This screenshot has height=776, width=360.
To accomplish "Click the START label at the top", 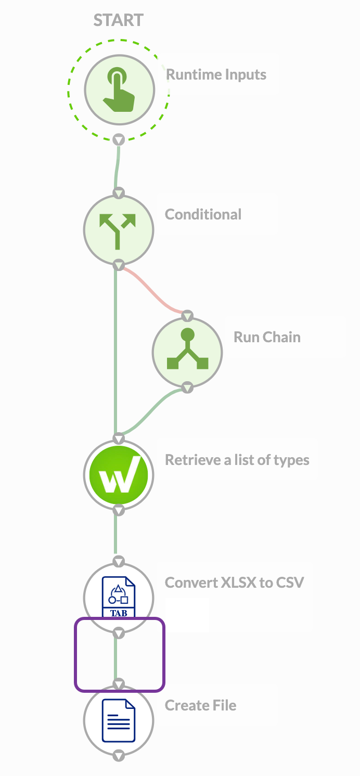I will coord(119,20).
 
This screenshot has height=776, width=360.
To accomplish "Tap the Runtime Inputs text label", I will coord(216,74).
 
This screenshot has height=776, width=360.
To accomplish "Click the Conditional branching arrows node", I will coord(119,229).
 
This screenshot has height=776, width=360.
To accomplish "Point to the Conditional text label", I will coord(203,214).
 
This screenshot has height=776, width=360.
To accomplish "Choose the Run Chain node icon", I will coord(187,352).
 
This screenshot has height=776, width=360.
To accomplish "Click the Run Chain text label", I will coord(267,337).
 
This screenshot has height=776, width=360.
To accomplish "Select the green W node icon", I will coord(119,474).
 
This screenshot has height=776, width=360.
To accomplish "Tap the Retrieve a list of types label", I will coord(237,460).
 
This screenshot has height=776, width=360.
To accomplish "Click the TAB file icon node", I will coord(119,597).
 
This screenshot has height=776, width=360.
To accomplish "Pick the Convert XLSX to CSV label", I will coord(234,582).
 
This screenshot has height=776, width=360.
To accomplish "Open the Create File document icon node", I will coord(119,720).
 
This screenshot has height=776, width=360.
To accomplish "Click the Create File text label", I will coord(200,705).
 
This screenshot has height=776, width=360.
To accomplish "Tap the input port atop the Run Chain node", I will coord(187,316).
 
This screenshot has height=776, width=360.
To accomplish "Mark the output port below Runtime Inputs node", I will coord(119,139).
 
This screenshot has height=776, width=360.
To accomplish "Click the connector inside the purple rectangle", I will coord(117,658).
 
